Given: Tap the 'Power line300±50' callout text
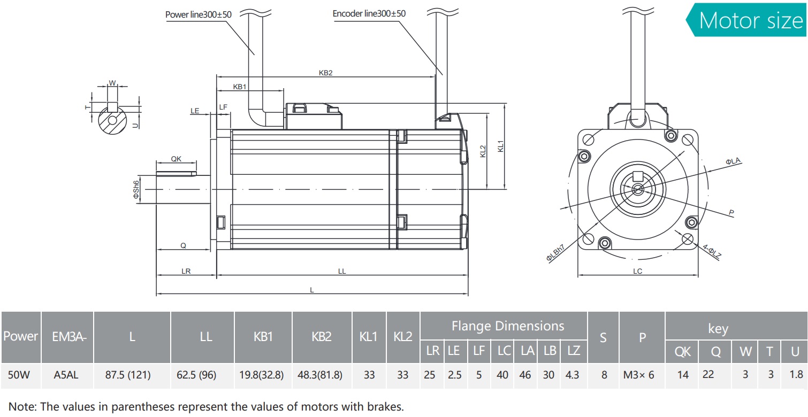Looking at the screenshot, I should (198, 14).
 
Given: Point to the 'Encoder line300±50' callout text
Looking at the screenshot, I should (369, 13).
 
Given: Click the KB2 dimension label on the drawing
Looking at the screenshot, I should (325, 73).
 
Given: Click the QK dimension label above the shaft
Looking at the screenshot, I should (176, 159).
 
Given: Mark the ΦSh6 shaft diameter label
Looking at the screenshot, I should (136, 189).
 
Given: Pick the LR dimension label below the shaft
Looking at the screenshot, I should (186, 271).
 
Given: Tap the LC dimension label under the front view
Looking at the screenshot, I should (637, 271).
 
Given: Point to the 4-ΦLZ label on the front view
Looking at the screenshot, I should (712, 251).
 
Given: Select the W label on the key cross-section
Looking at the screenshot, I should (112, 83).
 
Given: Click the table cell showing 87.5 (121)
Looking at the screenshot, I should (132, 375).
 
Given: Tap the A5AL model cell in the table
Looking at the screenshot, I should (66, 375).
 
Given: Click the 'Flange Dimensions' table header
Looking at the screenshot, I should (508, 326).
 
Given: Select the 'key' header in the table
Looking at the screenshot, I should (718, 329).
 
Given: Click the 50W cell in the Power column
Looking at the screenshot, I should (19, 375).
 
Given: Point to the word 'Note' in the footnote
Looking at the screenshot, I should (20, 406).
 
